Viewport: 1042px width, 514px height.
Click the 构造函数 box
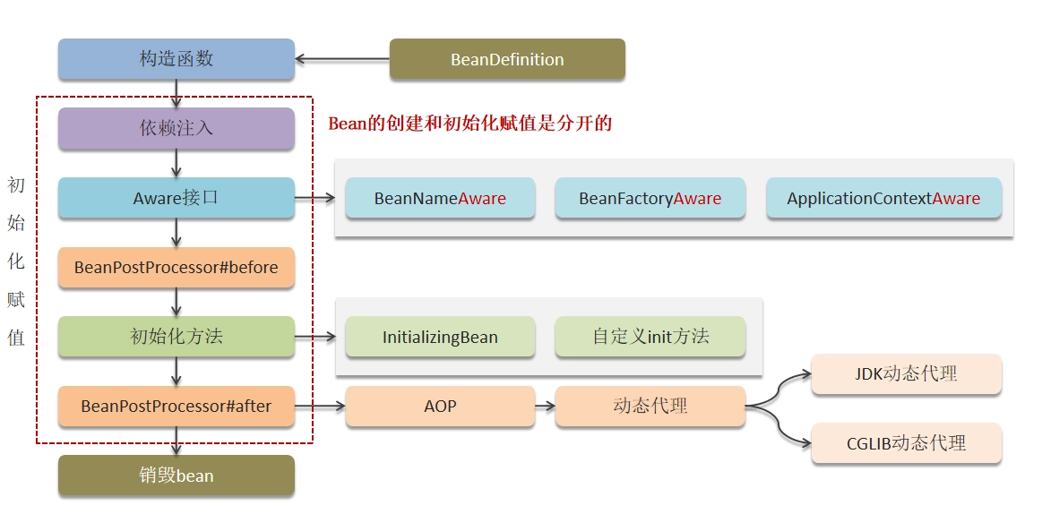click(177, 59)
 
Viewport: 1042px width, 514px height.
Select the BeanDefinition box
click(507, 59)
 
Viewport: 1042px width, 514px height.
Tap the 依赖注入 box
click(177, 128)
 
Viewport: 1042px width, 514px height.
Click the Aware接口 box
click(177, 198)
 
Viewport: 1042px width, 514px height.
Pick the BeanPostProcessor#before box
click(177, 268)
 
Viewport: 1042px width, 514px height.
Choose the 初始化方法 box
click(177, 337)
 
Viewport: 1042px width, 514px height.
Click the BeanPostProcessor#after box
click(177, 406)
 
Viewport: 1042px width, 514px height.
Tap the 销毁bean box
click(177, 475)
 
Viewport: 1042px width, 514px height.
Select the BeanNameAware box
click(440, 198)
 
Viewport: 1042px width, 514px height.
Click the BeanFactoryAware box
click(650, 198)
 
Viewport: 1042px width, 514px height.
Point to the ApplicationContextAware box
click(883, 198)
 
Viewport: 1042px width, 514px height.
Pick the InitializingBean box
click(440, 337)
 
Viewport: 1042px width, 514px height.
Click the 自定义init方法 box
click(650, 337)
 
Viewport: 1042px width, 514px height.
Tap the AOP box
click(440, 406)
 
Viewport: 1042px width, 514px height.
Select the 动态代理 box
click(650, 406)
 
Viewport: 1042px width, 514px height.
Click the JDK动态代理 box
click(907, 374)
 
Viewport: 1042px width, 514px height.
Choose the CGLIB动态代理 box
click(907, 443)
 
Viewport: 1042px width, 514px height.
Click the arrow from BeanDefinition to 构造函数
click(342, 59)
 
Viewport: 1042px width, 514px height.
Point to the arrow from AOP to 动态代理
click(545, 406)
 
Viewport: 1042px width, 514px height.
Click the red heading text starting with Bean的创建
click(469, 124)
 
